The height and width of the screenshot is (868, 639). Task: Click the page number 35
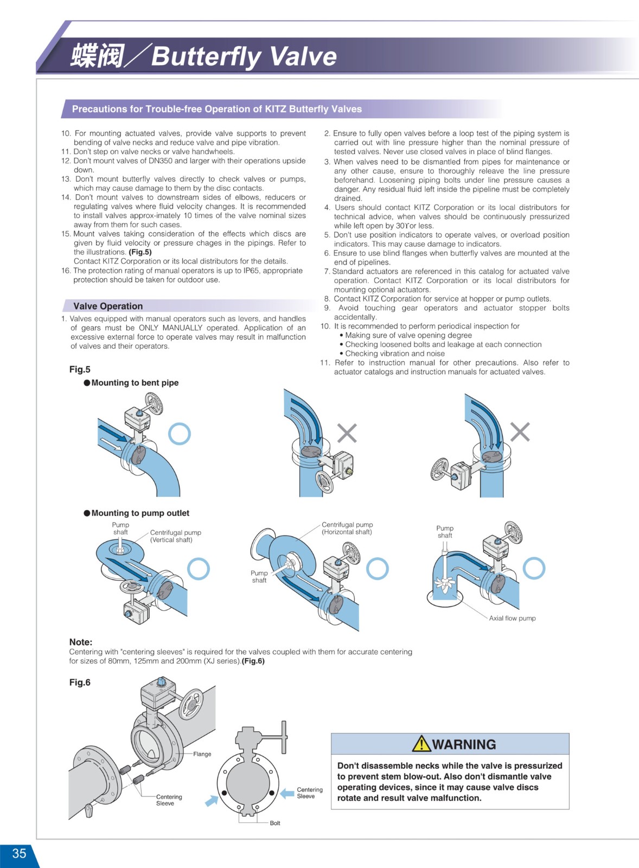pos(19,853)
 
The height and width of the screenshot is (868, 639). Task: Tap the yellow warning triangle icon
pos(421,744)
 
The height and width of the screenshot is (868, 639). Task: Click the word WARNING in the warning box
pos(464,744)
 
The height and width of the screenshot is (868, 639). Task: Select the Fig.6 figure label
pos(80,682)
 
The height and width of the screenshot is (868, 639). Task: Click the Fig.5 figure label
pos(80,369)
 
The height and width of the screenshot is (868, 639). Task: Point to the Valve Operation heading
pos(108,306)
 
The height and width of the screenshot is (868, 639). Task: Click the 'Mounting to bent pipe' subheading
pos(135,382)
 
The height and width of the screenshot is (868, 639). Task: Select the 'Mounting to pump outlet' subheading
pos(140,513)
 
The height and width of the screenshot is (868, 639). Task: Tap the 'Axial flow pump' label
pos(512,618)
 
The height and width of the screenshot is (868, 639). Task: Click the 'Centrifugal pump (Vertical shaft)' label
pos(175,536)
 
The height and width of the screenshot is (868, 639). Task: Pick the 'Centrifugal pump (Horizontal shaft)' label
pos(347,528)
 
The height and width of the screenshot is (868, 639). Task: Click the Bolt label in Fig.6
pos(275,823)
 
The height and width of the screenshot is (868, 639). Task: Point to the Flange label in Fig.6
pos(202,754)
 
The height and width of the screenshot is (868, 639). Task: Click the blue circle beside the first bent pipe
pos(180,433)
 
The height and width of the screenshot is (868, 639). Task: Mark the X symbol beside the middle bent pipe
pos(347,433)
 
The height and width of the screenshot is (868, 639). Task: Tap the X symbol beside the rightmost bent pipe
pos(520,432)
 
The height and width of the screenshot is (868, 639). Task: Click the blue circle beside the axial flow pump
pos(534,568)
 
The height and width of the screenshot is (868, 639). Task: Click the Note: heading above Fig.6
pos(81,642)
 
